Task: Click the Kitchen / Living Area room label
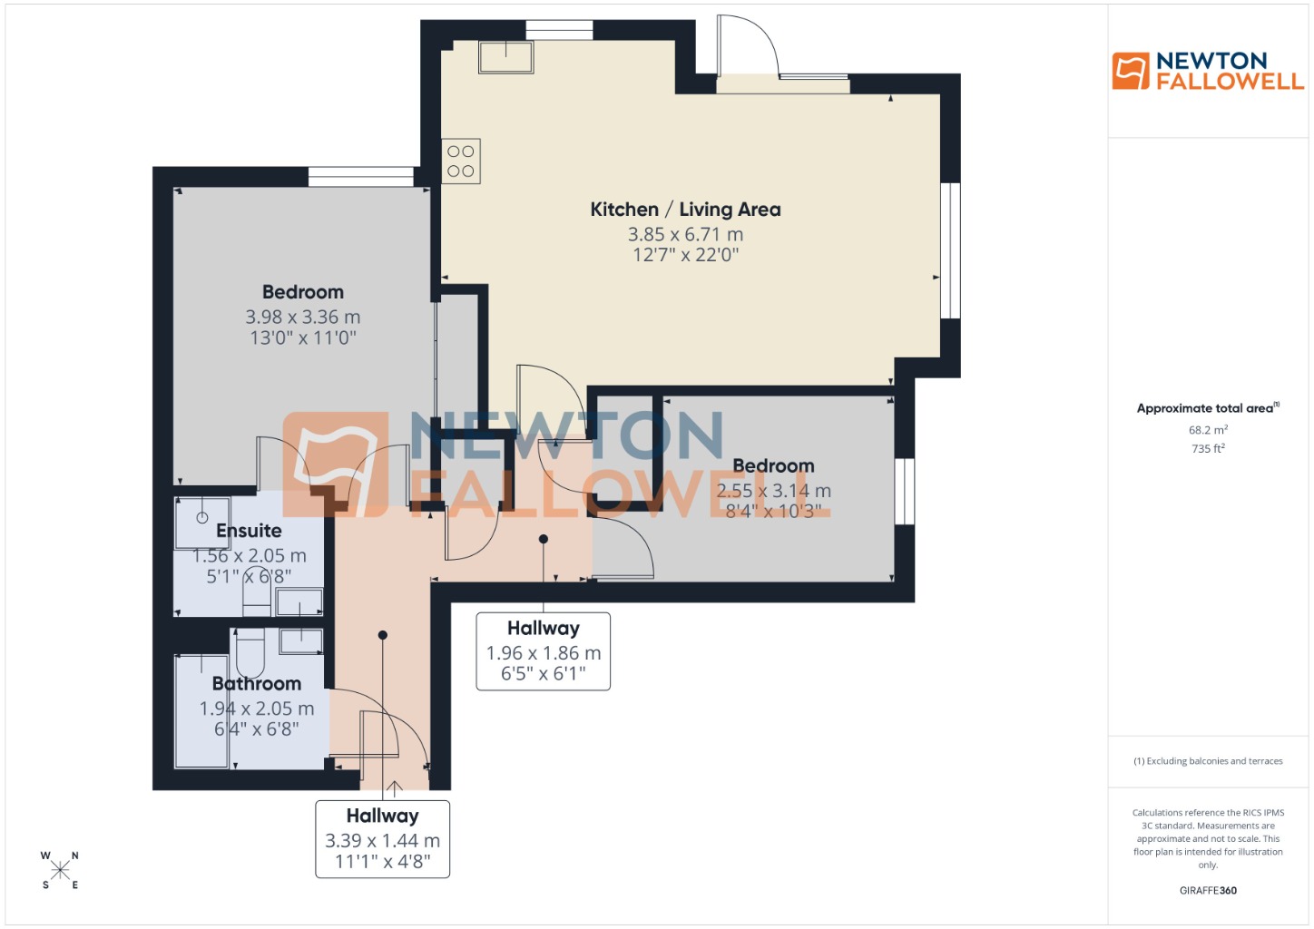[685, 210]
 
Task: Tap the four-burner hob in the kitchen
[460, 161]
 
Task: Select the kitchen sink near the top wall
[505, 56]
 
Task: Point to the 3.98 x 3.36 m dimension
[302, 317]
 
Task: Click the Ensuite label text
[249, 531]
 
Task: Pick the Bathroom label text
[257, 683]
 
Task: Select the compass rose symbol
[60, 870]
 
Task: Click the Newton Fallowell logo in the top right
[1207, 71]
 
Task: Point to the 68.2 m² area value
[1208, 430]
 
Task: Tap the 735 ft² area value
[1208, 448]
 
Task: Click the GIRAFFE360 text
[1208, 890]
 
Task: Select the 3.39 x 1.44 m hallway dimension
[382, 841]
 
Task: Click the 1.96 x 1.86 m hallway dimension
[544, 653]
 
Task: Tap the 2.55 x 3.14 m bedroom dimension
[773, 491]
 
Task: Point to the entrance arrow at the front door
[394, 787]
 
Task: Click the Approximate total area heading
[1207, 408]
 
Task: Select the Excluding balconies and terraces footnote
[1208, 761]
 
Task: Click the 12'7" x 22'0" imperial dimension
[685, 255]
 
